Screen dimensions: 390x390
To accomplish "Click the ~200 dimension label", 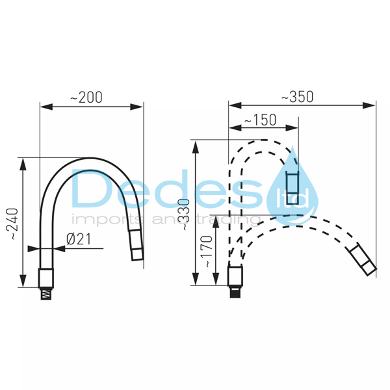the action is pos(86,97).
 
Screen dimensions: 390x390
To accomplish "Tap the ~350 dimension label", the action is pos(297,97).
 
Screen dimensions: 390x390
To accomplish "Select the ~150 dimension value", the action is pos(260,120).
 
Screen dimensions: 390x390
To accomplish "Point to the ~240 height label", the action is pos(12,224).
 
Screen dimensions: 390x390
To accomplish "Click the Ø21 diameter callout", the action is pos(79,239).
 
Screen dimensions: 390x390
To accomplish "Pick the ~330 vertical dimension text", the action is pos(185,214).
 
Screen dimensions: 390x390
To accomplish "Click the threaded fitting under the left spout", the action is pos(46,294).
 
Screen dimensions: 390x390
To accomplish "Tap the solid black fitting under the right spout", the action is pos(235,292).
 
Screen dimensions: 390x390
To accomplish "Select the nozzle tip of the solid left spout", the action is pos(136,245).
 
